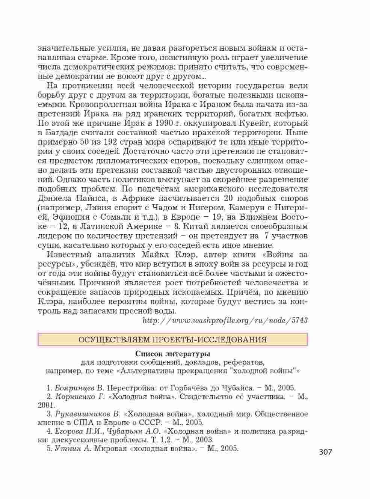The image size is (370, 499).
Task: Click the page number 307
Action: tap(326, 452)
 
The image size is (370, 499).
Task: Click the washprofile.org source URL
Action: tap(225, 320)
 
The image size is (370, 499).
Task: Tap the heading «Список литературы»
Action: tap(173, 354)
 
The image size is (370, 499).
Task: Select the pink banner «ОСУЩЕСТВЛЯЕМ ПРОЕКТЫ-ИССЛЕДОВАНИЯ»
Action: tap(173, 340)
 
